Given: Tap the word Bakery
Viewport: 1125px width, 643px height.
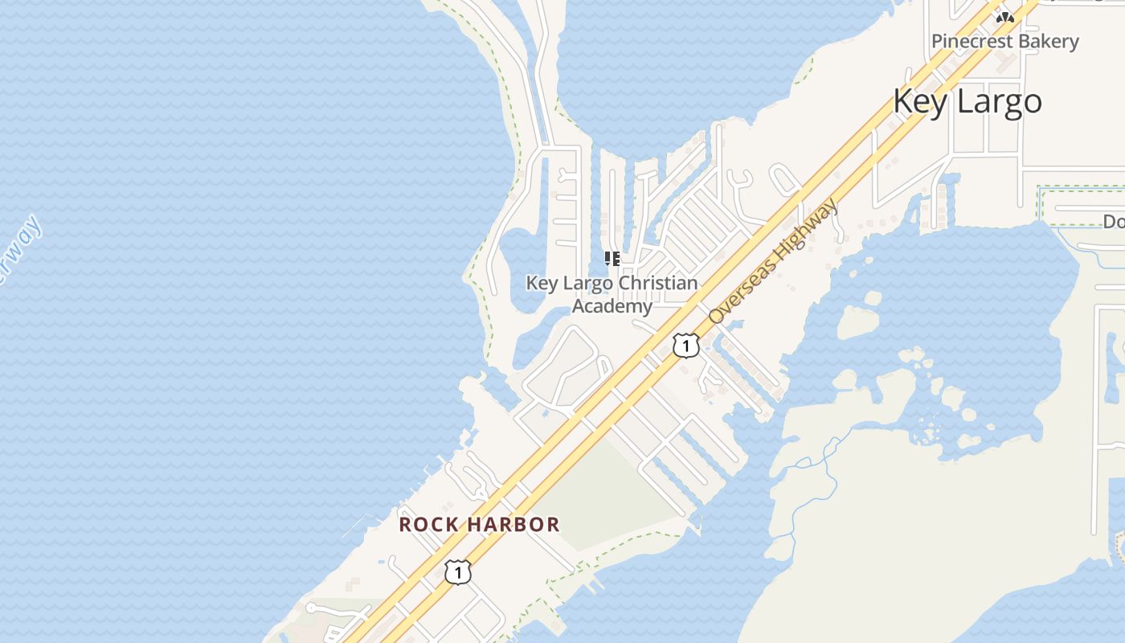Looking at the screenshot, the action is [1048, 41].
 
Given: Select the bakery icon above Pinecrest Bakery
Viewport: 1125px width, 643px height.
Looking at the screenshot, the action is [1004, 17].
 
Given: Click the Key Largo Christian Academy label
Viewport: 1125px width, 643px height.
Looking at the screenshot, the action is [612, 294].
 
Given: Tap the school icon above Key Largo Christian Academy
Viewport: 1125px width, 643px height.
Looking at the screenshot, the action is [612, 259].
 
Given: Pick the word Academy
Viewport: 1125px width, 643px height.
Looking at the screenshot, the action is [612, 306].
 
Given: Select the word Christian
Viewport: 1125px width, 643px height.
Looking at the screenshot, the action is [657, 284].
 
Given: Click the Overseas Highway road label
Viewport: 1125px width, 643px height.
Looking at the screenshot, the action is [775, 260].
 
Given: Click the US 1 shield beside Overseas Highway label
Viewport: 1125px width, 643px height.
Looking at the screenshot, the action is [685, 346].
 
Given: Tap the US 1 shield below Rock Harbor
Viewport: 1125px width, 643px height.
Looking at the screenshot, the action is [457, 572].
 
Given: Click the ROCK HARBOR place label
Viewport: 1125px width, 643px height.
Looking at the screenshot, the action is [480, 525].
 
